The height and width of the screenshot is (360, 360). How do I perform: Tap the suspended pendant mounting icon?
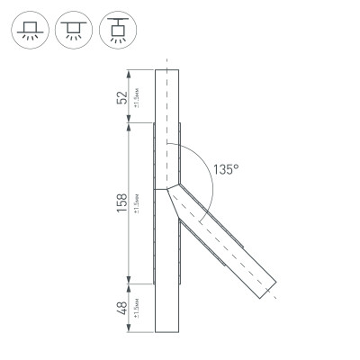pos(114,30)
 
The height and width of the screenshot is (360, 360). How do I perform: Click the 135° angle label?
pos(226,168)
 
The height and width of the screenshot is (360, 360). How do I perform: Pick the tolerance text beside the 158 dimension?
pos(135,204)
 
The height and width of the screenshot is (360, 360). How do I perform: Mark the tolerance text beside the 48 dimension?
pos(135,310)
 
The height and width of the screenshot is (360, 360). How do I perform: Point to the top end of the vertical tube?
pos(166,71)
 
